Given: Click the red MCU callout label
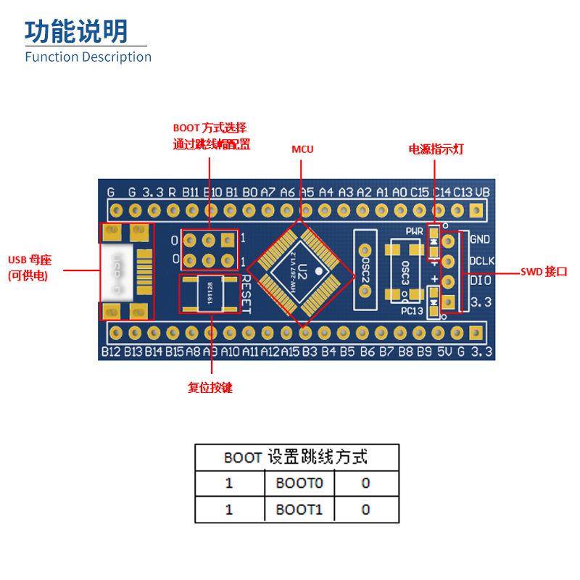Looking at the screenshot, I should pos(302,149).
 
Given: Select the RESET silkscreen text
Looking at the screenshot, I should pos(246,294).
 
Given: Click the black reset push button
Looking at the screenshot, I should pos(209,294).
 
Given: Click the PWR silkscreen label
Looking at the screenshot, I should pos(414,231).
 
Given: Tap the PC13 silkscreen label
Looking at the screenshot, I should pos(411,311).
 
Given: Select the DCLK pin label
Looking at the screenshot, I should pos(482,260).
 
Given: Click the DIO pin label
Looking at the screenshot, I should pos(481,281).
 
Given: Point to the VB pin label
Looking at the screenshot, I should pos(482,192).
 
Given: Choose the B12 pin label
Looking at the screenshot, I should pos(111,352).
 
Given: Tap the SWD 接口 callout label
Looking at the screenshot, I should pos(544,272).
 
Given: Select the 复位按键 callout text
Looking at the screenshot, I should pos(210,388).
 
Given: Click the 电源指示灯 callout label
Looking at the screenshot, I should pos(436,149).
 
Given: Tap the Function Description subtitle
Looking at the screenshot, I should pos(88,57).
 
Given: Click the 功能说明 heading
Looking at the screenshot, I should pos(76,31).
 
